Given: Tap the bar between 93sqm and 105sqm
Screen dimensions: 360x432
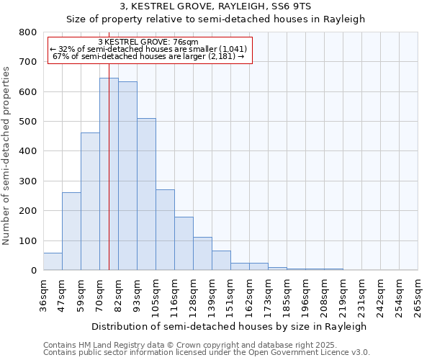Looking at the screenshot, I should coord(146,194).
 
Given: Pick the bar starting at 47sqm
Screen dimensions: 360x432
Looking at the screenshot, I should coord(71,231).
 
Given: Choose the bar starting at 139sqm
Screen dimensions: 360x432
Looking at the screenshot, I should coord(221,261).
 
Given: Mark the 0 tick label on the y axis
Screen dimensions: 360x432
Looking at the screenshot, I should coord(34,271).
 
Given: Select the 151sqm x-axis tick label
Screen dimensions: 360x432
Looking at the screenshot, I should coord(230,297).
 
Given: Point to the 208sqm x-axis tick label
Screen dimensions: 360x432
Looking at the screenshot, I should coord(324,297).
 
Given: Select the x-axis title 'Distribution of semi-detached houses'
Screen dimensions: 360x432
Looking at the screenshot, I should coord(230,326).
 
